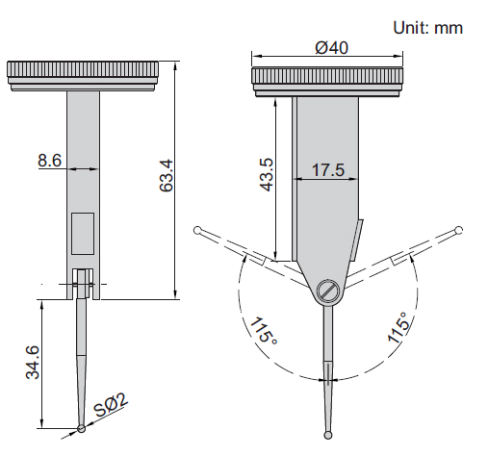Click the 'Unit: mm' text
427,27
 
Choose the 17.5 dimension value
327,171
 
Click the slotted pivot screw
328,290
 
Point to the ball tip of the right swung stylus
459,229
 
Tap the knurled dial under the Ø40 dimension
327,79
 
